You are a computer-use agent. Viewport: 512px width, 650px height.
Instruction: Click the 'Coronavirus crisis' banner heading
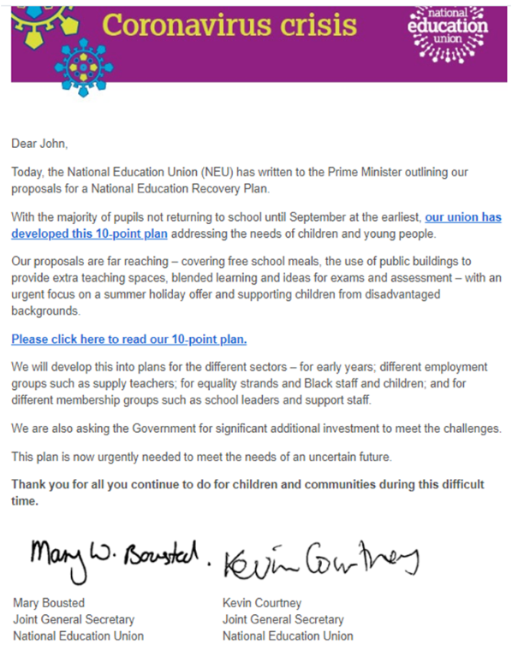[229, 26]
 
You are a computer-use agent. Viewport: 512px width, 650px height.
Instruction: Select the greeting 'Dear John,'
[39, 143]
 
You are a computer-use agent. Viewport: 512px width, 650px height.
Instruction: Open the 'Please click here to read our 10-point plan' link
[128, 340]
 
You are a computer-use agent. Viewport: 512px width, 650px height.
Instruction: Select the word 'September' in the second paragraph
[288, 217]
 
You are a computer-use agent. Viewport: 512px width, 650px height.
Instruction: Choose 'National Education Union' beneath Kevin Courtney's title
[288, 635]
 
